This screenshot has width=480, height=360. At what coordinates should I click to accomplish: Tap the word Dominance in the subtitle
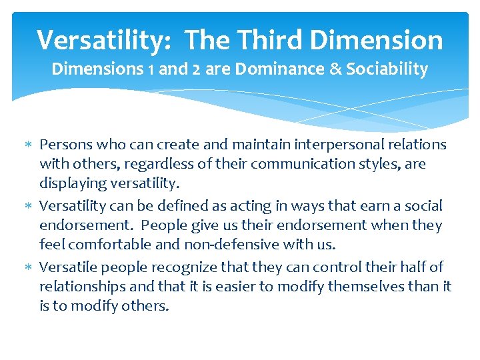click(270, 69)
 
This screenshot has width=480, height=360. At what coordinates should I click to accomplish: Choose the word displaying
click(73, 183)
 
